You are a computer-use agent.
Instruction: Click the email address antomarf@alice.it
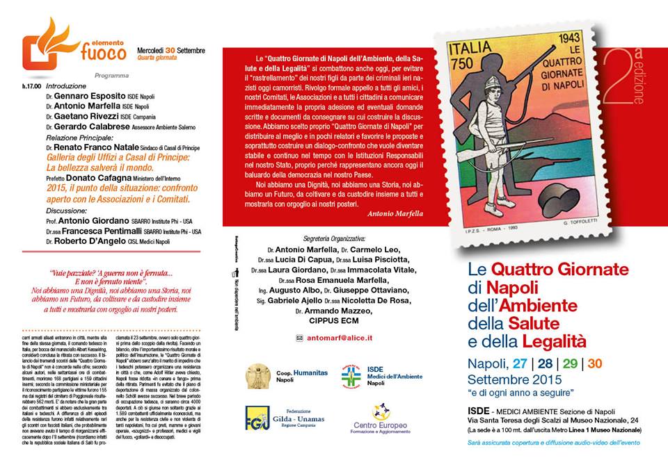point(340,338)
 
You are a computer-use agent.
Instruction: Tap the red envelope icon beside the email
point(300,338)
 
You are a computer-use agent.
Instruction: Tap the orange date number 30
point(595,363)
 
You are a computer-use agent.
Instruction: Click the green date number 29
point(569,363)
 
